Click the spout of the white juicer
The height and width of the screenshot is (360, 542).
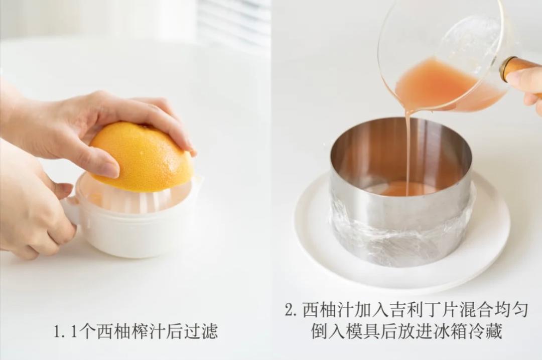(198, 181)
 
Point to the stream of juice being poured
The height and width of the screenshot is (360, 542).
(408, 151)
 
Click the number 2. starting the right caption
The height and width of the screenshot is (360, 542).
(292, 310)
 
